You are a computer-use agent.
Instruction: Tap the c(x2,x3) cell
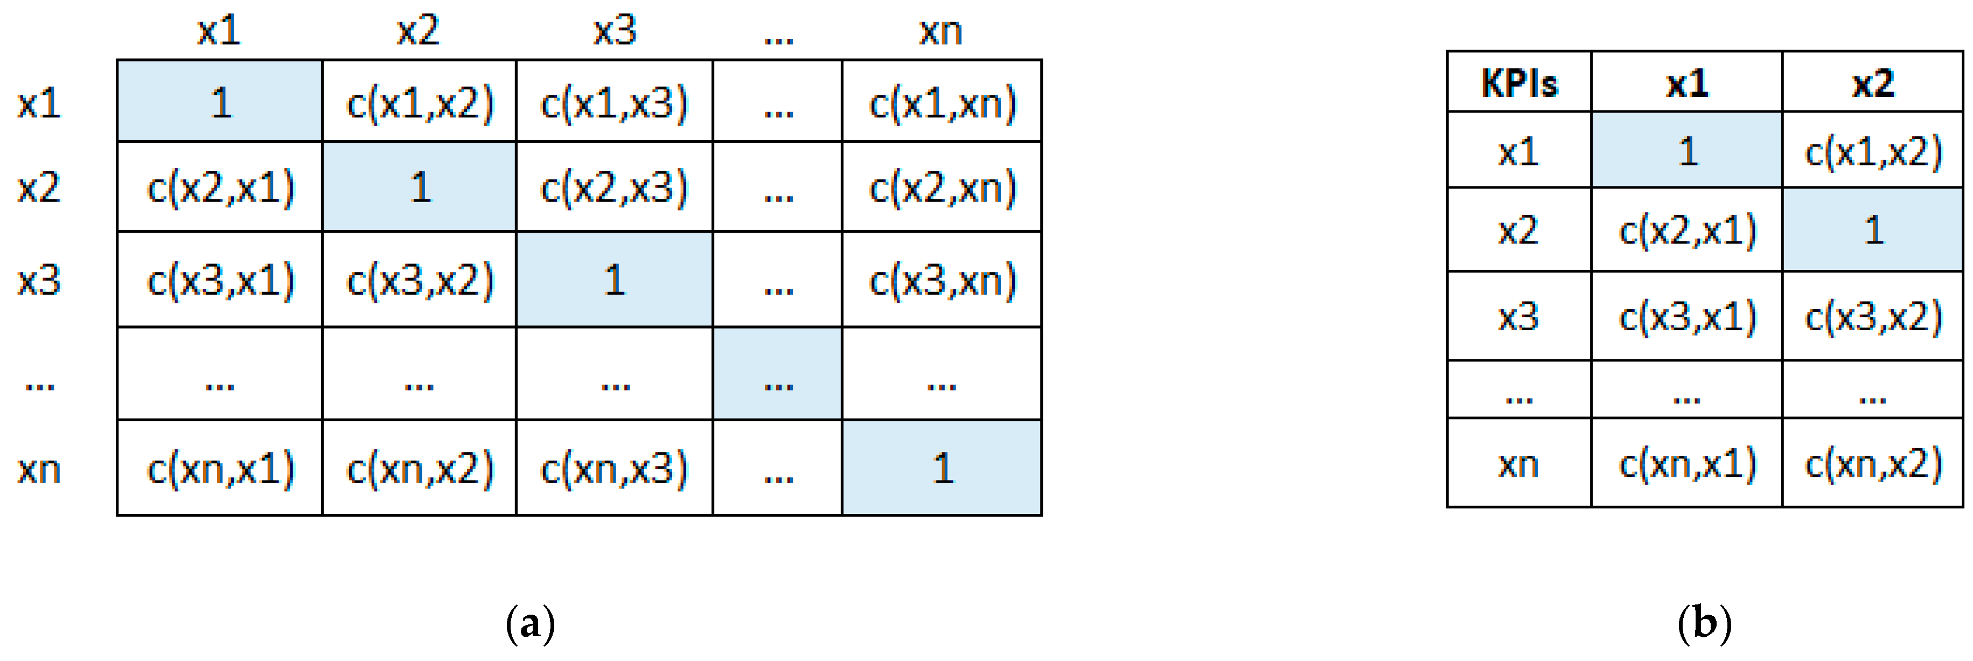tap(614, 187)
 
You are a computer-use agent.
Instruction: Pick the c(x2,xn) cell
tap(942, 187)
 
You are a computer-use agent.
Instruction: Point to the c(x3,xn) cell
tap(942, 280)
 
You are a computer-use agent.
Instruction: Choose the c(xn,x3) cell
tap(614, 469)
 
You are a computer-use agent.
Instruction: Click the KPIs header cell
tap(1519, 83)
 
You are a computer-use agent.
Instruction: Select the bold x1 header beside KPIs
tap(1688, 83)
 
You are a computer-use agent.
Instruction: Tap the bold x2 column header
tap(1873, 83)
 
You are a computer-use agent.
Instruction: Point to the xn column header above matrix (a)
tap(940, 31)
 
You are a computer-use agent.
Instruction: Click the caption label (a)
tap(530, 624)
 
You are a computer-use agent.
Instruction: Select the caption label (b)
tap(1704, 624)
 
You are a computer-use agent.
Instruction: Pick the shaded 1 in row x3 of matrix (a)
tap(614, 280)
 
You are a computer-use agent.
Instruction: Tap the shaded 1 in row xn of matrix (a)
tap(942, 469)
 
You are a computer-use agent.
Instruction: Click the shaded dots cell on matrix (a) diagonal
tap(777, 375)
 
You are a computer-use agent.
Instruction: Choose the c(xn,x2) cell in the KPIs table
tap(1873, 463)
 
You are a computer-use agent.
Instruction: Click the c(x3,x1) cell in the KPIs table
tap(1688, 316)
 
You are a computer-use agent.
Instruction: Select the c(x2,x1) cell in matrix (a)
tap(221, 187)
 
